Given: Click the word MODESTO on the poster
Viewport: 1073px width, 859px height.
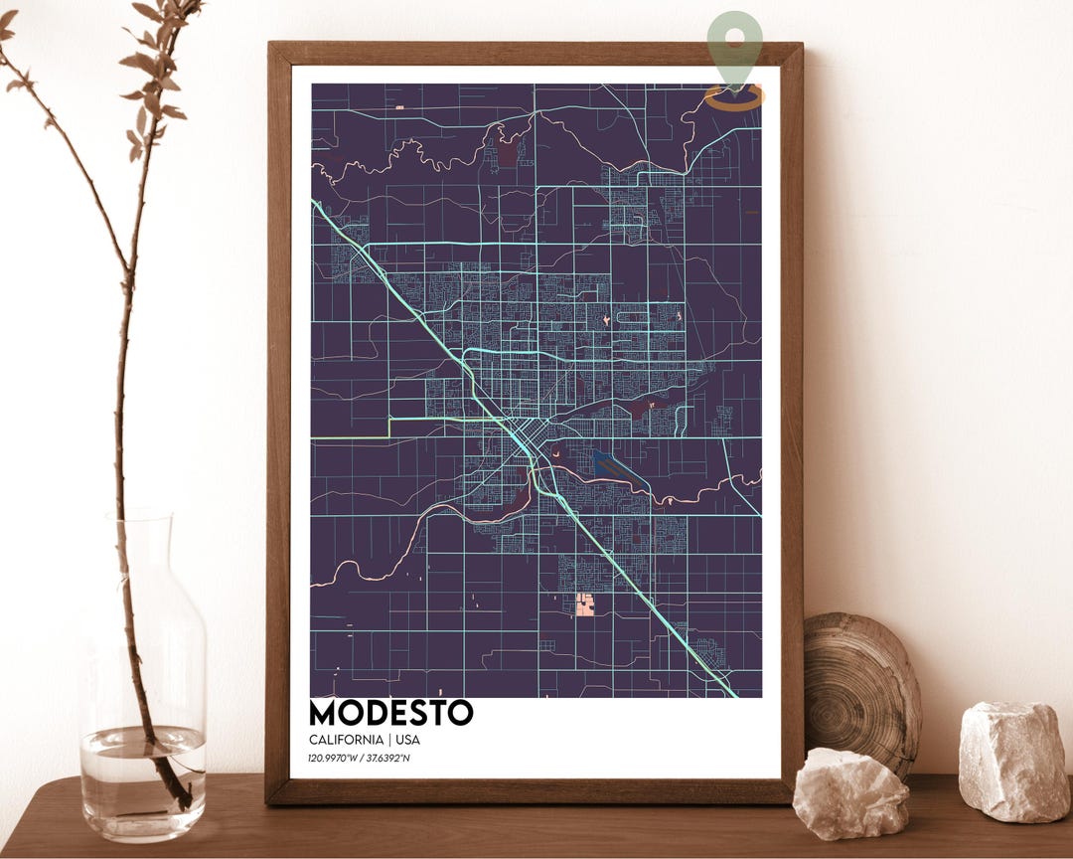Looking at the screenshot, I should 390,713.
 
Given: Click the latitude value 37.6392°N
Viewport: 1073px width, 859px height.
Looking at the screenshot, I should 388,760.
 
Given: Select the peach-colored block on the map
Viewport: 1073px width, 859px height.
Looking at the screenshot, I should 586,604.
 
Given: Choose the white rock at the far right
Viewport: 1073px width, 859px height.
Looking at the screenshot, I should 1014,760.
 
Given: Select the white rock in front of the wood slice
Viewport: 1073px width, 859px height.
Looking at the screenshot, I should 850,792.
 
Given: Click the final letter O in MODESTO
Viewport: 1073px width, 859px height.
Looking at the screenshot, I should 460,713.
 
